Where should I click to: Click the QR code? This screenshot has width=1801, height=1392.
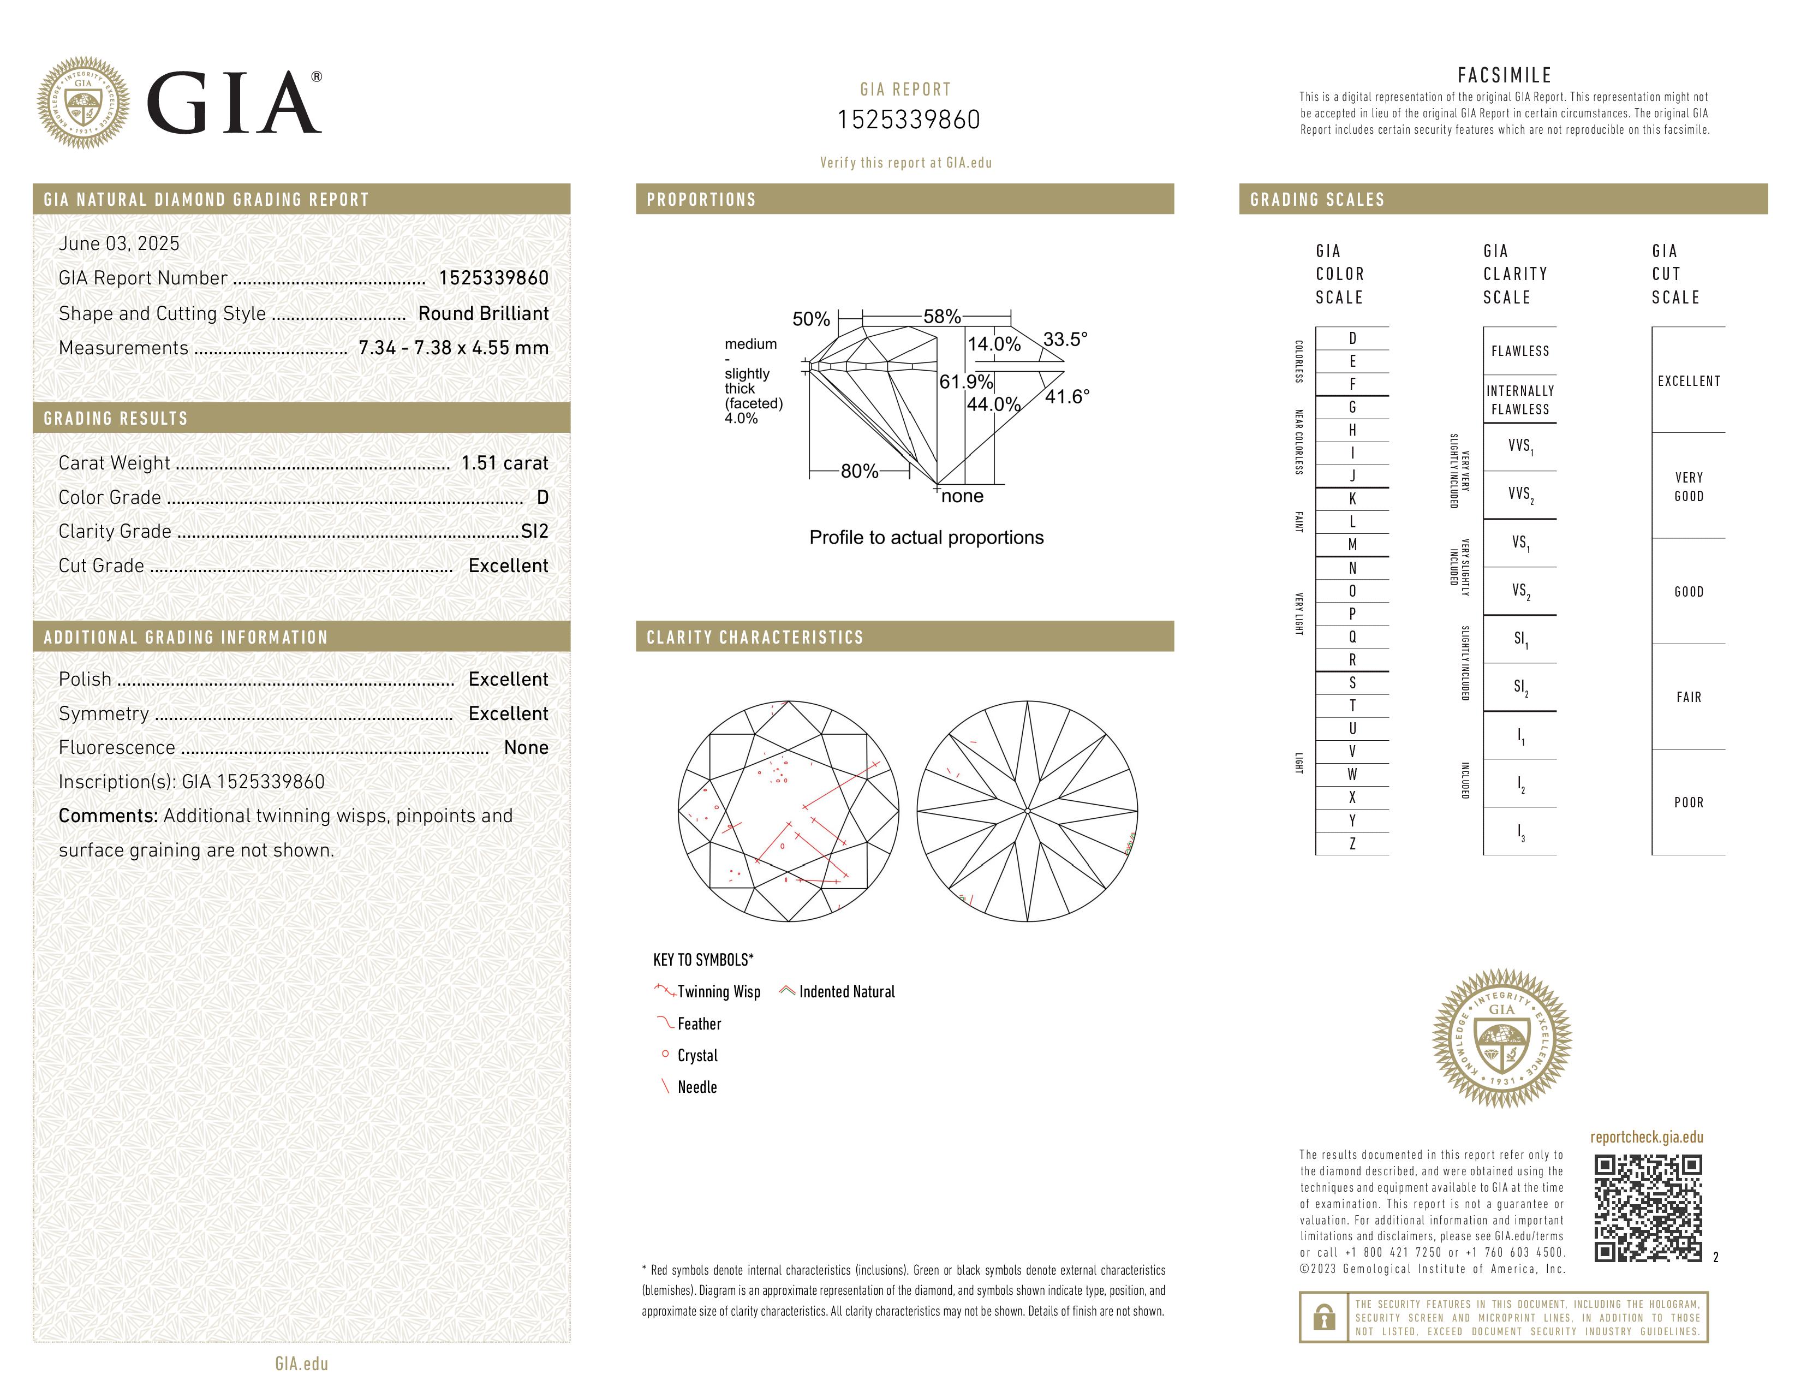point(1648,1208)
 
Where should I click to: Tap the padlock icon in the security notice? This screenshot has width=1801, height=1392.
point(1323,1317)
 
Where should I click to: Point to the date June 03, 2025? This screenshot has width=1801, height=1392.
point(119,244)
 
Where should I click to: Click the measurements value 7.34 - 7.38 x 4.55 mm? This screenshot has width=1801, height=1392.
point(454,348)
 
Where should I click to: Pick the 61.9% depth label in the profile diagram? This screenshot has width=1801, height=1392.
point(965,382)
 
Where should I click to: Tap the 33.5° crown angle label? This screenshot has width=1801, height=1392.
point(1065,340)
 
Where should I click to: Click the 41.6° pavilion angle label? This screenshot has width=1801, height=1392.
point(1067,397)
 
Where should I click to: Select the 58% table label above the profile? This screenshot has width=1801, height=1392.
point(942,317)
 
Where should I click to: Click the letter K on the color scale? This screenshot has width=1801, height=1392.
point(1352,499)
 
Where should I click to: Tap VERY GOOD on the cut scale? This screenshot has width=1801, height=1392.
point(1688,486)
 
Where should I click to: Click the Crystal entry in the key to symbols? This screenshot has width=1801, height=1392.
point(697,1056)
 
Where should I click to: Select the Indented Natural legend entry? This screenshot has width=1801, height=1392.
point(846,992)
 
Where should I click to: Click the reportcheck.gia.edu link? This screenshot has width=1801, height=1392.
point(1646,1137)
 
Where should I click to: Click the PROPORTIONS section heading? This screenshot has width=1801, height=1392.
point(701,200)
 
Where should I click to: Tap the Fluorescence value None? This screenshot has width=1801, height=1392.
point(526,748)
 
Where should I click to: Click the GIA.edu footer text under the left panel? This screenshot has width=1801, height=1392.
point(302,1363)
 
